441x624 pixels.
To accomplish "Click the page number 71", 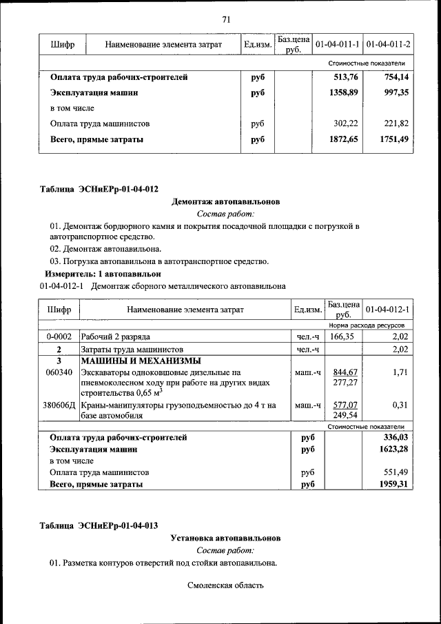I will pos(225,19).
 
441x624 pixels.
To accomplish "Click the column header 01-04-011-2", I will pos(388,44).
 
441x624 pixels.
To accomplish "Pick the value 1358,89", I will pos(342,92).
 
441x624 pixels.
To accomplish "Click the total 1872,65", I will pos(342,139).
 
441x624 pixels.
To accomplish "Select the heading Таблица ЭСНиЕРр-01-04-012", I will pos(99,188).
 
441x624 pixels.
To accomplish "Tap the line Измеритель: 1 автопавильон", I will pos(103,274).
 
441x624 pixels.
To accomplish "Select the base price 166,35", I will pos(342,336).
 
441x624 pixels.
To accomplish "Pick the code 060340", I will pos(59,372).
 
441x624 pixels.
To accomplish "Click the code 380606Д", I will pos(59,405).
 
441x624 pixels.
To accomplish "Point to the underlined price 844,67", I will pos(342,372).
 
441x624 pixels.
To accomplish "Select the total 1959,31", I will pos(395,485).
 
